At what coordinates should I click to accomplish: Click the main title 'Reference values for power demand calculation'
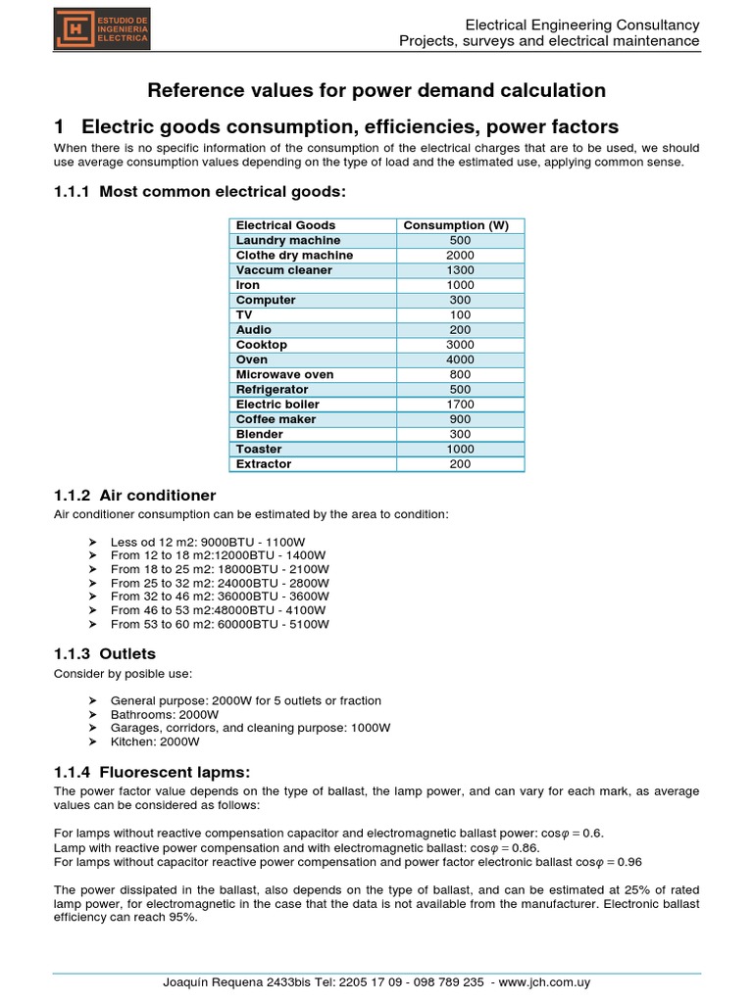(376, 90)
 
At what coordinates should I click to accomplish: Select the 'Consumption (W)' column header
(461, 225)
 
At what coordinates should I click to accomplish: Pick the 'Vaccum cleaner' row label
(283, 270)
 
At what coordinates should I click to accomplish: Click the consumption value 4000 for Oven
(461, 359)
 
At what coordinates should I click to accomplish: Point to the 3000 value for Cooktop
(461, 345)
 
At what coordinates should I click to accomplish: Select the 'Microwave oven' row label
(284, 374)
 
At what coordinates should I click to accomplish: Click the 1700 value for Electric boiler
(461, 404)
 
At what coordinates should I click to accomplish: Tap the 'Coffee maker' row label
(276, 419)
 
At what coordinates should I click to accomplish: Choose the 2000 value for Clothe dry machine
(461, 256)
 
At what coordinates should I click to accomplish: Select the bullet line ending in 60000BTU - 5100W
(220, 624)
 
